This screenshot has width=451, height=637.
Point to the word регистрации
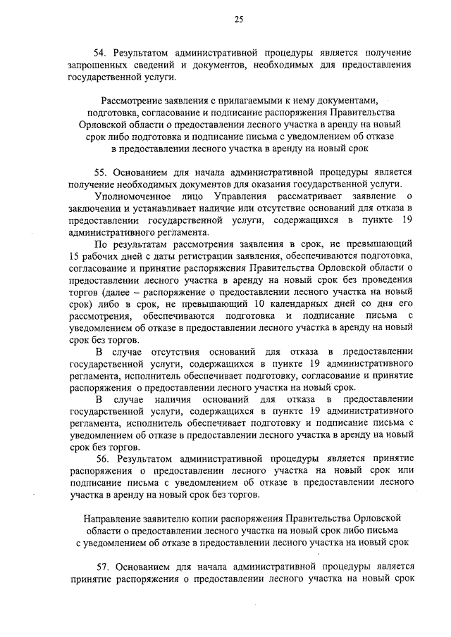pyautogui.click(x=199, y=255)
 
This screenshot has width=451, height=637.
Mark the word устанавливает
pyautogui.click(x=147, y=208)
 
